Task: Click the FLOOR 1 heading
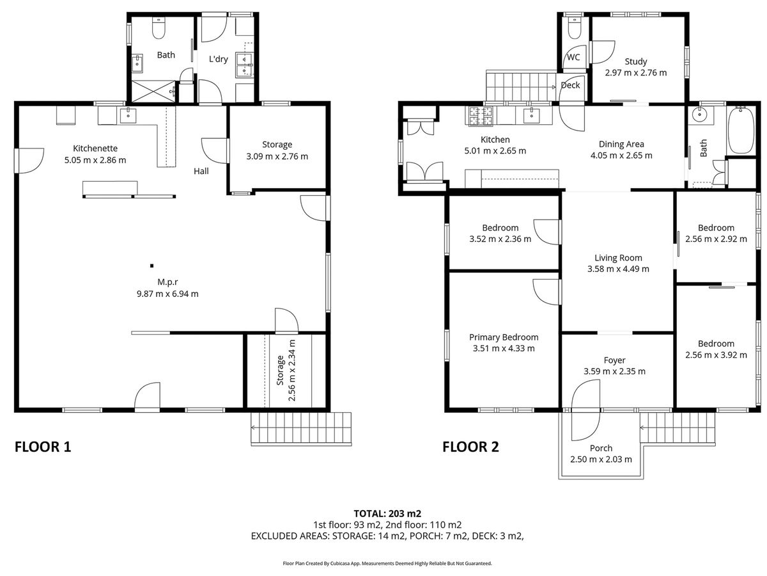pos(43,447)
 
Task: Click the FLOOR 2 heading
pos(470,447)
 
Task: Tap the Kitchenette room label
pos(95,148)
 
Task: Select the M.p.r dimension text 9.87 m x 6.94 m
pos(167,294)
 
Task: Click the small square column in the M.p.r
pos(151,266)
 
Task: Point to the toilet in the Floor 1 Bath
pos(159,28)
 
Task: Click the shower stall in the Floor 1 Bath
pos(153,92)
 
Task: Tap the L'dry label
pos(219,59)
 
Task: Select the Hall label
pos(201,171)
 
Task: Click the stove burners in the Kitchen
pos(479,116)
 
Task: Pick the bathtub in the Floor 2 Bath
pos(740,129)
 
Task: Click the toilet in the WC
pos(575,28)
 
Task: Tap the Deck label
pos(570,85)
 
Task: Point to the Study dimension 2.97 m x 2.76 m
pos(635,73)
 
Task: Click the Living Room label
pos(618,258)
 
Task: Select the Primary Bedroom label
pos(504,337)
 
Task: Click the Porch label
pos(601,448)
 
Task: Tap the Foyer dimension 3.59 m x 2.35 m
pos(614,371)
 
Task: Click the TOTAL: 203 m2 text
pos(387,513)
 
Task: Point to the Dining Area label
pos(621,144)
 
